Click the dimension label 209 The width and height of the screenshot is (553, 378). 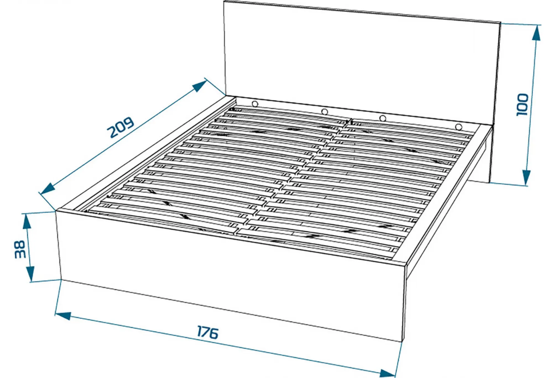[x=121, y=127]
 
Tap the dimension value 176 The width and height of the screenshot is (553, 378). [x=207, y=332]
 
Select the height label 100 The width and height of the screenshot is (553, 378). [x=522, y=105]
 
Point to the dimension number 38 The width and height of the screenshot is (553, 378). [x=20, y=249]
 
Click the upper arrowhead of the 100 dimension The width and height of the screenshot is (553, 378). [x=536, y=33]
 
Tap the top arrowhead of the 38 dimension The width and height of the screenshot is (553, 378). [x=27, y=221]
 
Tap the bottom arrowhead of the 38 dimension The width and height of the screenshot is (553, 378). [x=30, y=274]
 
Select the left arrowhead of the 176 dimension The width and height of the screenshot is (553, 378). [x=63, y=316]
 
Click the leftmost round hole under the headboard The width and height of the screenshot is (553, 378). [x=255, y=104]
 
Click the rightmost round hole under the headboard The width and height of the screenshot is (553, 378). [x=458, y=127]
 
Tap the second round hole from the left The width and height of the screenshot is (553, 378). [x=324, y=112]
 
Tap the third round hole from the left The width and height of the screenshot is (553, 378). [x=383, y=118]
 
